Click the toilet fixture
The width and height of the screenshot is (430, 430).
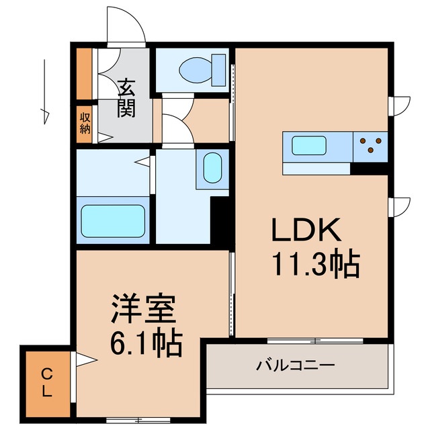(198, 68)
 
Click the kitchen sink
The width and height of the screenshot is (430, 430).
(308, 145)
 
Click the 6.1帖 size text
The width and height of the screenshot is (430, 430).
(146, 344)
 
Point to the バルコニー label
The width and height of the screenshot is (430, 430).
(295, 366)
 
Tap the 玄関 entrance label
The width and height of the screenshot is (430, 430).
(126, 97)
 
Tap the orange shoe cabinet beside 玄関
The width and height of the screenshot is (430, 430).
(84, 73)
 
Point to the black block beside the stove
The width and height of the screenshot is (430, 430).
(369, 168)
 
